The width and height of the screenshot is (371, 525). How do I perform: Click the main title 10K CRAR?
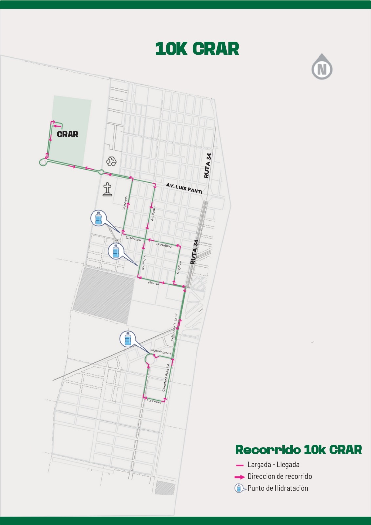197,49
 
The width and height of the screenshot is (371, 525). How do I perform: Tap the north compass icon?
322,68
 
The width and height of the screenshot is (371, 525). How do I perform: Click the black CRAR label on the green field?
68,134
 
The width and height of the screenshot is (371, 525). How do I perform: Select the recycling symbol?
111,161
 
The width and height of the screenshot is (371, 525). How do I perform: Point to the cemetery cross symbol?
107,189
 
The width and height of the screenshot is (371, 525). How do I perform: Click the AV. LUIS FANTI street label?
184,188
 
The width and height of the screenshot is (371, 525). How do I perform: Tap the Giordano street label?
125,203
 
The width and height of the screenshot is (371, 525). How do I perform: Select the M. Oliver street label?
179,267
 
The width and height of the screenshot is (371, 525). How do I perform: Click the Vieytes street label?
153,283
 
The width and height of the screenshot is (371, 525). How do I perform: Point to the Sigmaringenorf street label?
161,352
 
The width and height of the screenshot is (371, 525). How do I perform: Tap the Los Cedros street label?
154,401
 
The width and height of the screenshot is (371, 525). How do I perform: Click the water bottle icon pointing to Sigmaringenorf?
128,339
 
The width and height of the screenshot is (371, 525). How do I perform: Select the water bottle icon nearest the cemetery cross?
98,218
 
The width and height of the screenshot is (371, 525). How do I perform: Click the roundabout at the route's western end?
43,162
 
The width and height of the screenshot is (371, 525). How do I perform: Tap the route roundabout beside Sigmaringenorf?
150,359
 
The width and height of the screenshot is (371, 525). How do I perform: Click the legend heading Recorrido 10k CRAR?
299,450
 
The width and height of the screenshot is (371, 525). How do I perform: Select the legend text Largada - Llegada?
273,465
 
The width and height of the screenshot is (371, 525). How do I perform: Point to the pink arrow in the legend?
239,477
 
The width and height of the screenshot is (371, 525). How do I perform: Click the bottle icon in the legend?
239,488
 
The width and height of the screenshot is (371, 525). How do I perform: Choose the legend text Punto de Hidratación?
278,488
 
